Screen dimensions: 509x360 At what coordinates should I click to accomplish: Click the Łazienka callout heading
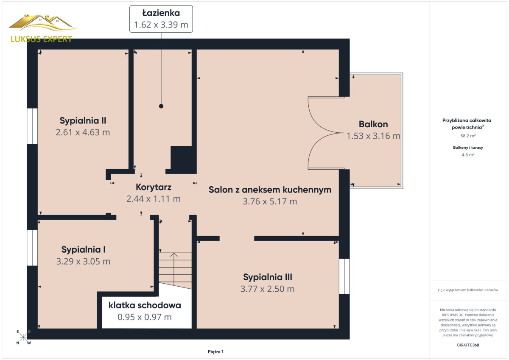pos(161,13)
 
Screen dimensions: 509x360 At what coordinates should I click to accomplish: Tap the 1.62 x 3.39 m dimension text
pos(161,25)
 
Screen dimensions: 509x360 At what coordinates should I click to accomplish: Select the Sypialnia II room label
pos(83,120)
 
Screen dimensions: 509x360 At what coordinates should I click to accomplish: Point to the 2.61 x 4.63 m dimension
pos(83,132)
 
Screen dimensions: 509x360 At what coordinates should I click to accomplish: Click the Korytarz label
pos(154,187)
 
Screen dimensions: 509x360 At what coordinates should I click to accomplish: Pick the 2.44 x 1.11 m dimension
pos(154,199)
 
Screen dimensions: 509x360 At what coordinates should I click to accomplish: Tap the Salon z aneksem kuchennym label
pos(270,190)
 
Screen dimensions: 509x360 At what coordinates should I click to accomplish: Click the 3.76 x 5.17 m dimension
pos(270,201)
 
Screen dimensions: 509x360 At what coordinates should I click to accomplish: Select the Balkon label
pos(373,124)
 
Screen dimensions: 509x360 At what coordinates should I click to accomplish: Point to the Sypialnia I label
pos(84,250)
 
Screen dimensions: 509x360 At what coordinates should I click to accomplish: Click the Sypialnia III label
pos(268,277)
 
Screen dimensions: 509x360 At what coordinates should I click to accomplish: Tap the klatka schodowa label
pos(145,305)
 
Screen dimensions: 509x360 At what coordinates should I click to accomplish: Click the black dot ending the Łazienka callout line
pos(161,106)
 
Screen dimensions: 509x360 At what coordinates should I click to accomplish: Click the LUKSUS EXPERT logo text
pos(42,39)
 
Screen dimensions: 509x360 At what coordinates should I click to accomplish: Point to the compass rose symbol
pos(23,337)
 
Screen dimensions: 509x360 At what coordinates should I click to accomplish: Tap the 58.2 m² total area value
pos(468,136)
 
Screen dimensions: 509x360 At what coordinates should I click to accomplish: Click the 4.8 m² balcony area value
pos(468,155)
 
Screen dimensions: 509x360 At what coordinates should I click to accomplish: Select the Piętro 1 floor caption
pos(215,352)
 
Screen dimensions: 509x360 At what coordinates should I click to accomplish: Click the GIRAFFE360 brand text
pos(468,345)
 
